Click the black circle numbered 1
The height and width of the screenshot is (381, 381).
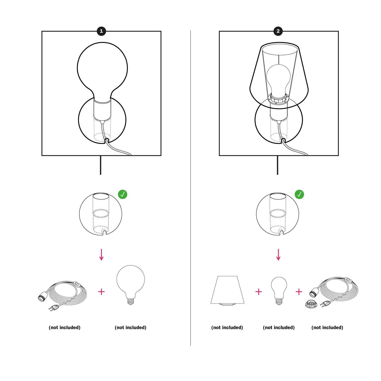click(x=101, y=31)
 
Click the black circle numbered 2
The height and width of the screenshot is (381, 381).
click(x=278, y=31)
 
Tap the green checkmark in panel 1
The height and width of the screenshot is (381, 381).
click(x=122, y=195)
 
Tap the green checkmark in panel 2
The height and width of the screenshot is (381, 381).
click(x=299, y=195)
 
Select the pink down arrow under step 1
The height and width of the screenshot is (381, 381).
click(x=101, y=255)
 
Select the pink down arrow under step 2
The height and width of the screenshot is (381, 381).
click(x=278, y=255)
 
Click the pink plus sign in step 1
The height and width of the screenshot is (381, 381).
click(x=101, y=292)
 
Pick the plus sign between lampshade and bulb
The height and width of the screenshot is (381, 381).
click(x=259, y=292)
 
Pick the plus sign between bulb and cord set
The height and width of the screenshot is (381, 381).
click(x=299, y=292)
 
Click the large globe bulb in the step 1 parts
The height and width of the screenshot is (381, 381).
click(x=131, y=285)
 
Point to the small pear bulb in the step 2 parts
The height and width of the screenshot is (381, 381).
click(x=279, y=291)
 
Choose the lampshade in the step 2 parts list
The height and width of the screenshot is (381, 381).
click(x=227, y=290)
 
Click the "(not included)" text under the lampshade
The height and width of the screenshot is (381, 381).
click(x=227, y=328)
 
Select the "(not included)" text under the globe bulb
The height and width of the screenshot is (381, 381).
click(x=131, y=328)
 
